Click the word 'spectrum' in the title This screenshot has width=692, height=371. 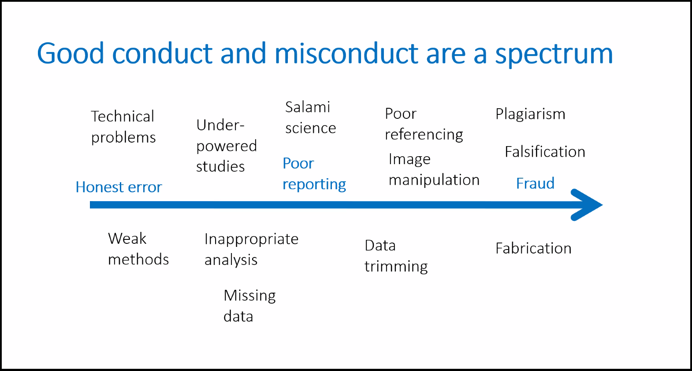[x=554, y=54]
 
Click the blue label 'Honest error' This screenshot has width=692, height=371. [x=119, y=187]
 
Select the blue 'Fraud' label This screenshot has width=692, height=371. [x=536, y=183]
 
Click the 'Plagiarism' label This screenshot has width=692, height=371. [x=530, y=114]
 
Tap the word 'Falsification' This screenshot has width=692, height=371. [x=545, y=151]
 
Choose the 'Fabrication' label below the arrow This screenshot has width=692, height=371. [x=533, y=248]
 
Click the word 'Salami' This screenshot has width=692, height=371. [x=308, y=107]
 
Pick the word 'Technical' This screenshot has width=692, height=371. [x=123, y=117]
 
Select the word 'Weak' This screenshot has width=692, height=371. [x=127, y=239]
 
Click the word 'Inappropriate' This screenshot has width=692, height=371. [x=252, y=239]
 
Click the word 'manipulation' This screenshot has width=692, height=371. [x=434, y=180]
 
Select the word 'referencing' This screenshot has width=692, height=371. [x=424, y=135]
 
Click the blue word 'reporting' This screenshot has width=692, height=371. [x=314, y=185]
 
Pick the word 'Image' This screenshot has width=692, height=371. [x=409, y=160]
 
